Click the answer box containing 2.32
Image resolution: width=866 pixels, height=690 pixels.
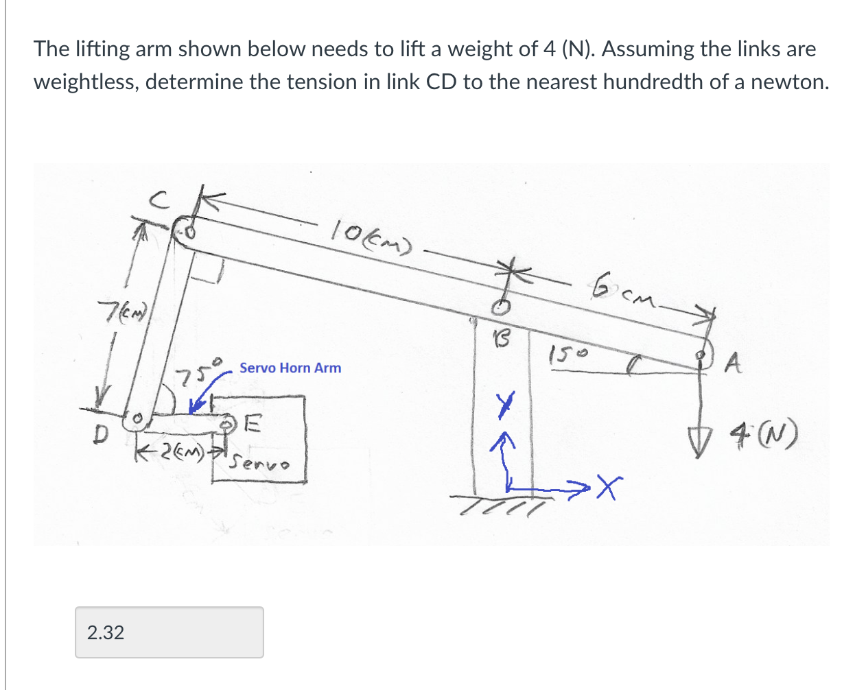point(169,632)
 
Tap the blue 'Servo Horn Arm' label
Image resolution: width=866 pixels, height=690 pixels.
point(290,368)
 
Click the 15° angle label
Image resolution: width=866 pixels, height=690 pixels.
point(569,355)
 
